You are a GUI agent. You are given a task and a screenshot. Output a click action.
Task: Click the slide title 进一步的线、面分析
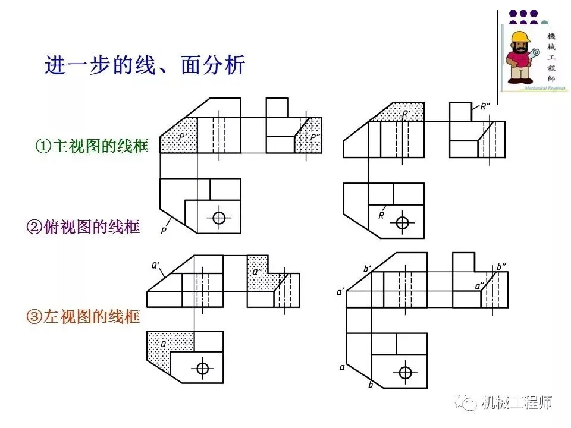[x=145, y=65]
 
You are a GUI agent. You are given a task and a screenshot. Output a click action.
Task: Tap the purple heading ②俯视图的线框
[x=83, y=226]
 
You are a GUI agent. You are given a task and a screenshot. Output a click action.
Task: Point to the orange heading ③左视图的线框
[x=83, y=317]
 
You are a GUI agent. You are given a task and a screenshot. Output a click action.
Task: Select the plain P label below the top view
[x=163, y=229]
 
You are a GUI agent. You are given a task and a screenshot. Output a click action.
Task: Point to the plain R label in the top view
[x=381, y=216]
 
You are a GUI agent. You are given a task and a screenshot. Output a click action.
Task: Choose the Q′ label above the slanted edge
[x=156, y=266]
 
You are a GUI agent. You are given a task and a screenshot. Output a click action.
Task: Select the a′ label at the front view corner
[x=340, y=292]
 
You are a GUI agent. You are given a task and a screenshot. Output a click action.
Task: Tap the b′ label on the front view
[x=367, y=269]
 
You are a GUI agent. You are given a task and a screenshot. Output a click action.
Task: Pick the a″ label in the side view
[x=479, y=286]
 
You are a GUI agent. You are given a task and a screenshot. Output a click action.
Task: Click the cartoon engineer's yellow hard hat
[x=520, y=36]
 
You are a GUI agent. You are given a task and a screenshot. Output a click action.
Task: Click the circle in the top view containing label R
[x=403, y=223]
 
